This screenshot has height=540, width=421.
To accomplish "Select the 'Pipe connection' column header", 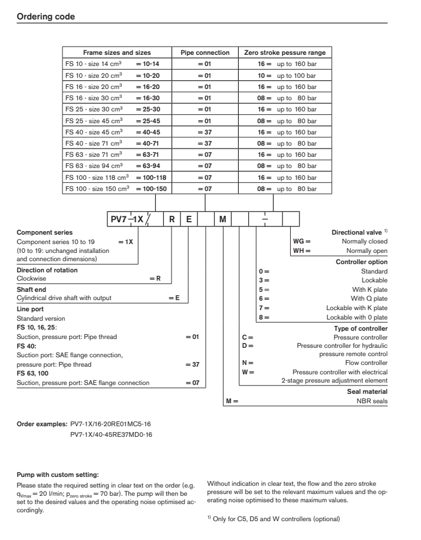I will (x=203, y=52).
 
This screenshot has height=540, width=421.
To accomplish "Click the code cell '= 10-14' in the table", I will (x=147, y=63).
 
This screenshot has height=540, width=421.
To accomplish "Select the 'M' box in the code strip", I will (x=222, y=219).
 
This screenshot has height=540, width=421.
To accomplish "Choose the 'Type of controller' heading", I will (x=361, y=328).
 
